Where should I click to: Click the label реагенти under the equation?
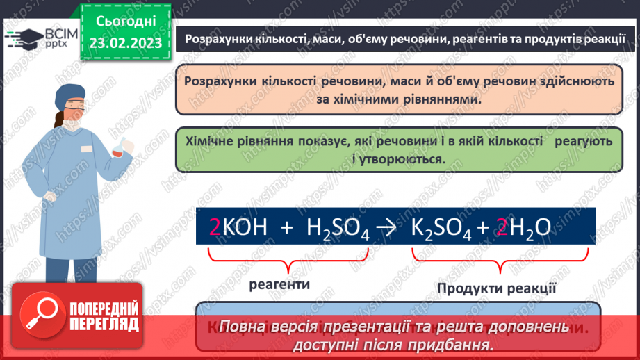pos(280,284)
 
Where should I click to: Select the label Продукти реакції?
pos(496,288)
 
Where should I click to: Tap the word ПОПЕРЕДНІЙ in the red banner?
pos(104,309)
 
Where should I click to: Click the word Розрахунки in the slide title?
pos(213,39)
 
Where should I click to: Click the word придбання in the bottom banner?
pos(458,344)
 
